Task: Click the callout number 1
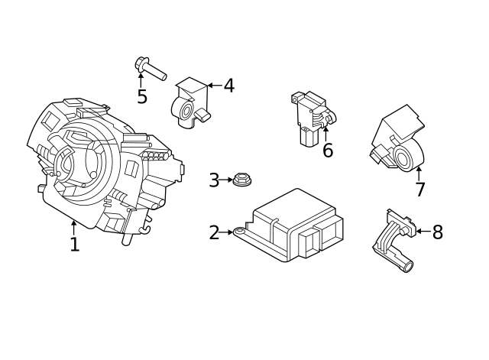[x=74, y=245]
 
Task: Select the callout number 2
[x=214, y=232]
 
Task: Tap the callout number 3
[x=214, y=180]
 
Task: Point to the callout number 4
[x=228, y=86]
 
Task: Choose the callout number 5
[x=142, y=97]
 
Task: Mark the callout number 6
[x=328, y=151]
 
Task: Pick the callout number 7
[x=419, y=190]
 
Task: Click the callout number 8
[x=437, y=232]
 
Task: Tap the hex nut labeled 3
[x=242, y=181]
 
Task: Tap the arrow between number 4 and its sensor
[x=213, y=86]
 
